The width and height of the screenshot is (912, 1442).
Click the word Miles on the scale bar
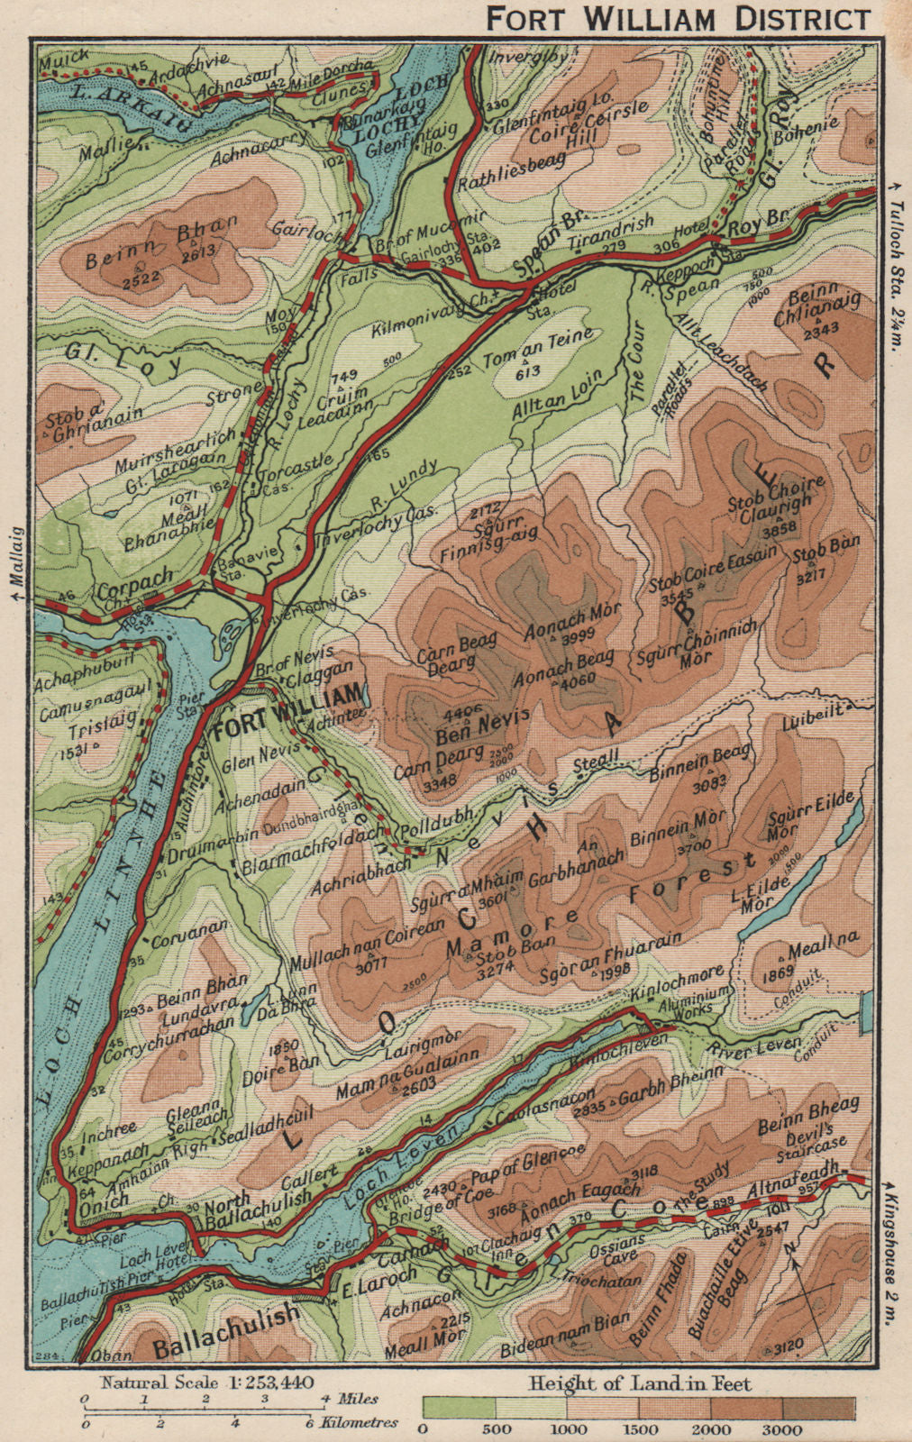[356, 1399]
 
